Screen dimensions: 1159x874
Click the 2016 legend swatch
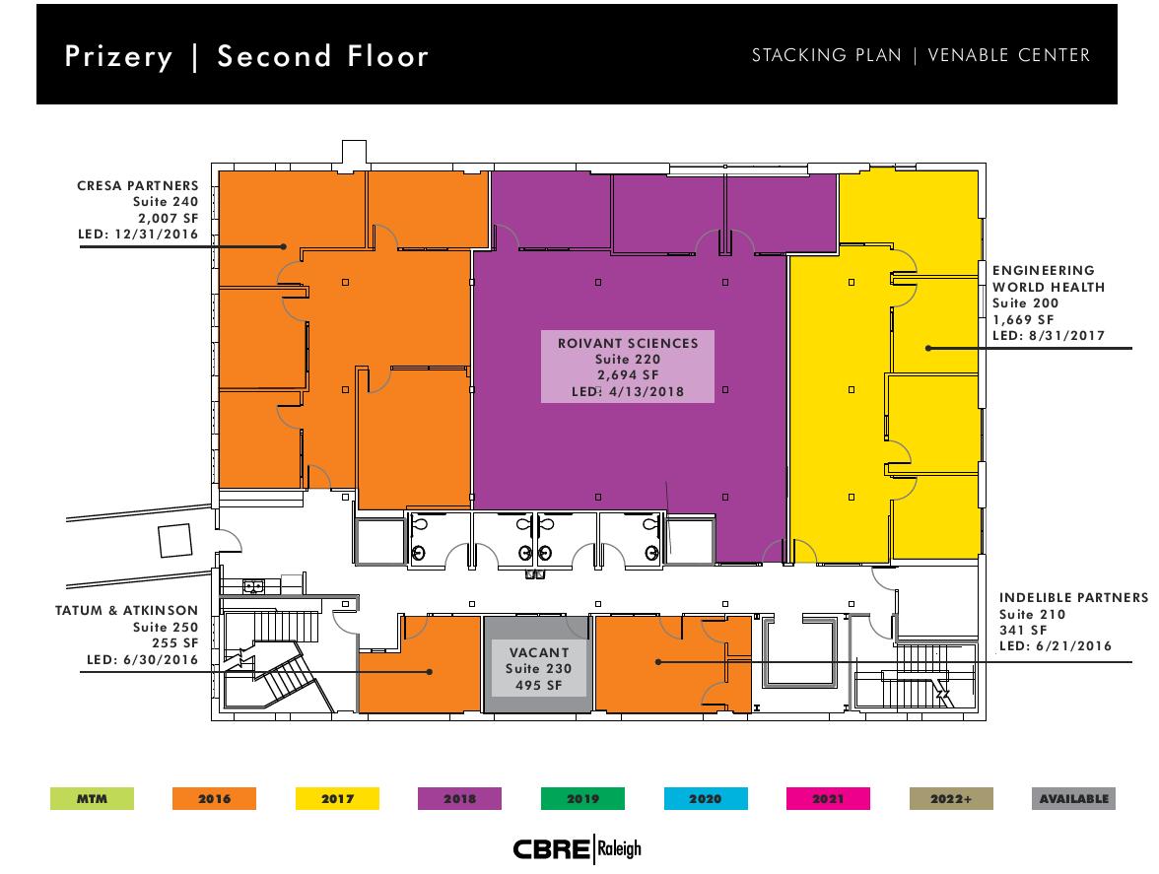(x=215, y=799)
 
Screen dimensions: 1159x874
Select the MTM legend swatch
(x=93, y=799)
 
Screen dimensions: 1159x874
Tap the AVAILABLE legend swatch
(x=1074, y=799)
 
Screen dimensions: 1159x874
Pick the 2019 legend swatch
(x=582, y=799)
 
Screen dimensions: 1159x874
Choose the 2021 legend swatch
(x=828, y=799)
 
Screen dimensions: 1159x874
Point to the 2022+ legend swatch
(x=951, y=799)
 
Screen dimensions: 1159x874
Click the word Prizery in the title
(x=119, y=57)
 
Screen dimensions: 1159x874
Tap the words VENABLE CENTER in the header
(x=1009, y=55)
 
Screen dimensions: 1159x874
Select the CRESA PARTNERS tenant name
(x=138, y=185)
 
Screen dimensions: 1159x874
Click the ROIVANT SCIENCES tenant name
(x=629, y=344)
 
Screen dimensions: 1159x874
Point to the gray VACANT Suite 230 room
(x=538, y=665)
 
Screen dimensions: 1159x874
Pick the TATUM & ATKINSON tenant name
(x=126, y=610)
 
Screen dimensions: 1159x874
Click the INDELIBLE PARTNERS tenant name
(x=1074, y=598)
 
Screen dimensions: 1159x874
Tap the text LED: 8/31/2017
(x=1049, y=335)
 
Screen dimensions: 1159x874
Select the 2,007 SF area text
(x=169, y=218)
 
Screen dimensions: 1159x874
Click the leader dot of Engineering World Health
(x=928, y=348)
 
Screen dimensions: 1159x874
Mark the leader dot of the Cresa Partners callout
(x=283, y=246)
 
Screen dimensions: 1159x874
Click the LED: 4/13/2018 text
(x=629, y=391)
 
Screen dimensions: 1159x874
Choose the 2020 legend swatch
(x=706, y=799)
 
